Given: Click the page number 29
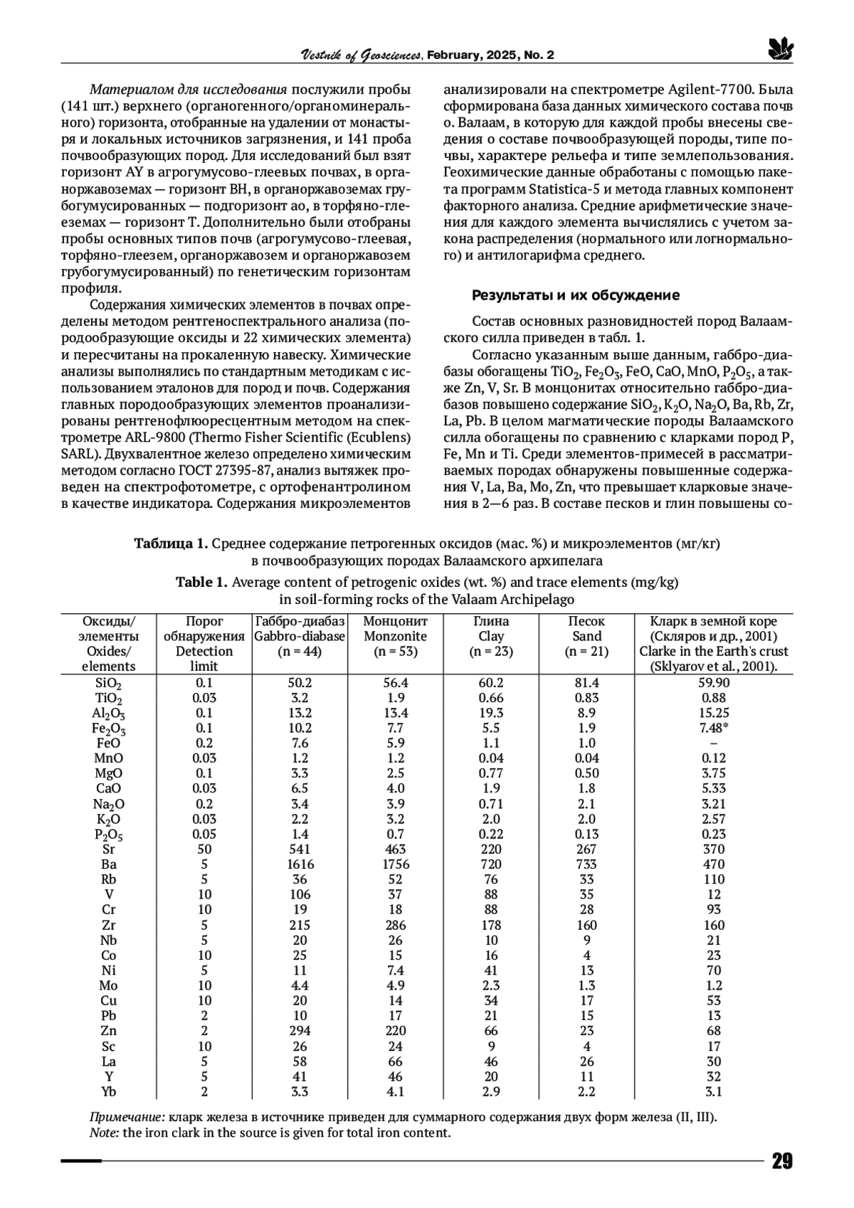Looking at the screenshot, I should (x=781, y=1162).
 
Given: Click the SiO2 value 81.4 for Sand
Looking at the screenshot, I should (x=586, y=683).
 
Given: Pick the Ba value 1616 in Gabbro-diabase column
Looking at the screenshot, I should (x=300, y=864).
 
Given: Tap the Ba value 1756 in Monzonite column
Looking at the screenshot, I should (x=395, y=864).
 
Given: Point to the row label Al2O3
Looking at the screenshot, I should (x=109, y=714).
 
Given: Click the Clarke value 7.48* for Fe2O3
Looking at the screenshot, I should (x=714, y=728).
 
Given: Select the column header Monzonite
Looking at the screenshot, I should (x=395, y=637).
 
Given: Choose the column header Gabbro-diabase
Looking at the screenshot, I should (x=300, y=637).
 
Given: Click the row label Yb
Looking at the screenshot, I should (x=109, y=1092).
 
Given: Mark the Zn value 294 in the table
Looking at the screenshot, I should (x=300, y=1031).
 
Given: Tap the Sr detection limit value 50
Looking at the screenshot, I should (x=204, y=849).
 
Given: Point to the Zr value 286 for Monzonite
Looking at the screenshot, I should (x=395, y=926).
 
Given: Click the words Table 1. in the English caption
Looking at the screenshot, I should (x=201, y=583).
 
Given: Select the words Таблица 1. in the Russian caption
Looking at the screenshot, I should (x=171, y=544).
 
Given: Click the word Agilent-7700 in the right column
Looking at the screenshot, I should (x=711, y=90).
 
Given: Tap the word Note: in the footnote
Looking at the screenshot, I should (x=105, y=1133).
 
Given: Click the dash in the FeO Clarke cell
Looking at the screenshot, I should (x=714, y=743).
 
